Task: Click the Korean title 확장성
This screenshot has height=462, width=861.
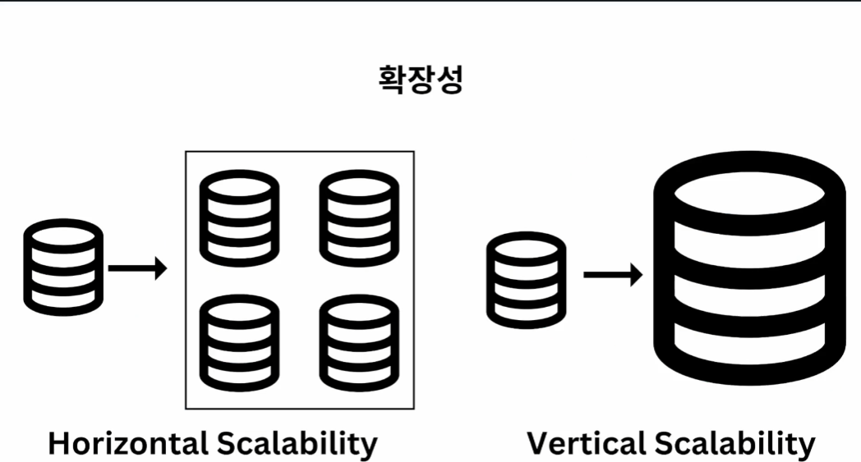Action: (x=421, y=80)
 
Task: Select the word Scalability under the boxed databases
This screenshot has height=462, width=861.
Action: (x=297, y=444)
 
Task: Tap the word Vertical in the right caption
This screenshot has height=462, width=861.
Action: (x=586, y=443)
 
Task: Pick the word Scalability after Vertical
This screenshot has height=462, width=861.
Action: (x=734, y=444)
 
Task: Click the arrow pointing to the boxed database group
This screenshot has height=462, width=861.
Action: (x=137, y=268)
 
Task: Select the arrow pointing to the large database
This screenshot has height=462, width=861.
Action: (x=613, y=274)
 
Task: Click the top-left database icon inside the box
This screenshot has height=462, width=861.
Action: (x=239, y=218)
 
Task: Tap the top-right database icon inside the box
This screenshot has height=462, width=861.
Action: (x=359, y=218)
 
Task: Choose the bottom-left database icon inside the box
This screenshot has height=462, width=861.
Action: (x=239, y=343)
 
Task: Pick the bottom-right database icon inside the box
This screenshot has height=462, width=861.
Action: (x=359, y=343)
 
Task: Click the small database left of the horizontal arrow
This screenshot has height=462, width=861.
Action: (x=63, y=268)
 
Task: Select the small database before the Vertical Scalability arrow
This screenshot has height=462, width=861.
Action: (x=526, y=280)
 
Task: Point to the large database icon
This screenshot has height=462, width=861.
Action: (x=749, y=268)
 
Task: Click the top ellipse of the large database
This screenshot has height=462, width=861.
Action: (x=749, y=194)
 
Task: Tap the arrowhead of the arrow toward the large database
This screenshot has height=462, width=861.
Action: (x=637, y=274)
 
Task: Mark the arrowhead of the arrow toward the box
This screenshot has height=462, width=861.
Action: (x=161, y=268)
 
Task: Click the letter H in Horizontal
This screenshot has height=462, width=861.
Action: (x=59, y=443)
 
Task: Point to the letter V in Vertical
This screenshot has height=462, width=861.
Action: (x=539, y=443)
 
